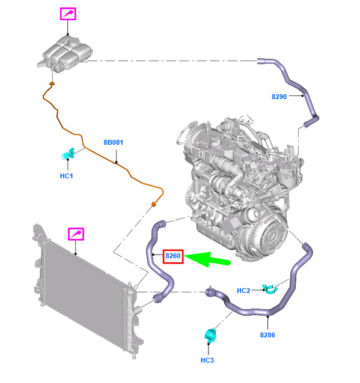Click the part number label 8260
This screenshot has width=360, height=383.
[173, 256]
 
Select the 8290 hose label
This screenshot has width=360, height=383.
[279, 97]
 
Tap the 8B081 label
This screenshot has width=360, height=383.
[113, 142]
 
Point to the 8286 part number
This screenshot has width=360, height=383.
[267, 335]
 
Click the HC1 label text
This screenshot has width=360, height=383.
[66, 176]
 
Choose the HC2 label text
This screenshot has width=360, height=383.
[243, 291]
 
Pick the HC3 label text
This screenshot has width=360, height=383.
[207, 360]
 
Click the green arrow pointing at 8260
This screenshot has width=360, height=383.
[207, 259]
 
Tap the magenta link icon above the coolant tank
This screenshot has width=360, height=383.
[68, 14]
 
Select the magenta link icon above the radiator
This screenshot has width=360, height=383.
[76, 234]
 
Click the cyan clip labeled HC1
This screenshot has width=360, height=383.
[69, 154]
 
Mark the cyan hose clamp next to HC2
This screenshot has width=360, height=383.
[270, 289]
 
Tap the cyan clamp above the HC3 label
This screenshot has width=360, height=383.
[210, 335]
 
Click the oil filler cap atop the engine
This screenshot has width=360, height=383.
[215, 141]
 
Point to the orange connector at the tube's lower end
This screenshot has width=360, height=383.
[154, 204]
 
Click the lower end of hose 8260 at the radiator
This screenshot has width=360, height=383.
[158, 298]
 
